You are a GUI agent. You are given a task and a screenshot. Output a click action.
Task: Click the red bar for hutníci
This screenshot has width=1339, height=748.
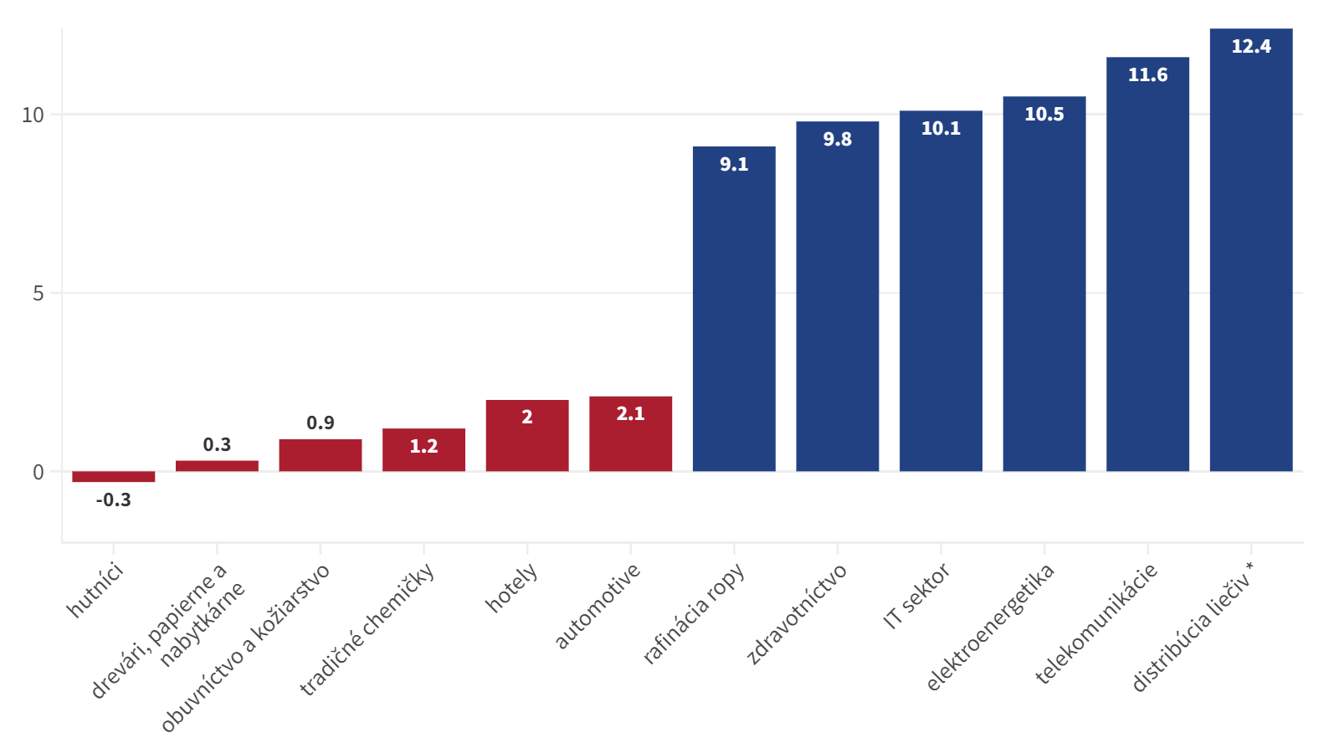pos(113,477)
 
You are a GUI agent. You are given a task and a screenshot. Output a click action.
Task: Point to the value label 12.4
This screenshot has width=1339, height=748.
pos(1251,47)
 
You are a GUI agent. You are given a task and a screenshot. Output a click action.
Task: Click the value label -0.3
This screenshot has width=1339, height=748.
pos(113,500)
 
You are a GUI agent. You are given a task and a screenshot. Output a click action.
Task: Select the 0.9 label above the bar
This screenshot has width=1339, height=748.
pos(321,423)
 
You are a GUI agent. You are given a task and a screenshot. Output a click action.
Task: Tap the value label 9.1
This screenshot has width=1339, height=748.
pos(734,165)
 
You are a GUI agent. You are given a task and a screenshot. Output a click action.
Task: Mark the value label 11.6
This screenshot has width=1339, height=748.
pos(1147,75)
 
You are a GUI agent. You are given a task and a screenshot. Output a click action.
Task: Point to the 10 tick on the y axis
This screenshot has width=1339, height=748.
pos(33,115)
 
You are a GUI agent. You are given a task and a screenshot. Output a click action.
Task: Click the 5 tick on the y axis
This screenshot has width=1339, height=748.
pos(38,294)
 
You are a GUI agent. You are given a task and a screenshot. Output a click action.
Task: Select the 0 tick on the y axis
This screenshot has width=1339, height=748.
pos(38,473)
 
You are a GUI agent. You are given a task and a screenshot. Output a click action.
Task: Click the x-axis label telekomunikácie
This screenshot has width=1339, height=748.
pos(1096,623)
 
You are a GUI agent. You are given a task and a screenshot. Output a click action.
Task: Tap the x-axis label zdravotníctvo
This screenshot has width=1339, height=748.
pos(797,613)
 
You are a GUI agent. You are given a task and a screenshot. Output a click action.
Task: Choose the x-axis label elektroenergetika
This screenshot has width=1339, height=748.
pos(990,627)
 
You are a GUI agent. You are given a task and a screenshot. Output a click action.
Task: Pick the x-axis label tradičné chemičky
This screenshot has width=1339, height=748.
pos(367,628)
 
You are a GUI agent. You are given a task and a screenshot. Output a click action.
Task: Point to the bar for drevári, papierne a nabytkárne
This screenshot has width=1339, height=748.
pos(217,466)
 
